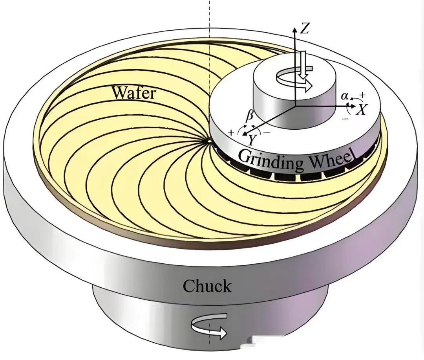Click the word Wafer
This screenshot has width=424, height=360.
pyautogui.click(x=133, y=93)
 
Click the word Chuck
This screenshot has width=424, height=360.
pyautogui.click(x=207, y=286)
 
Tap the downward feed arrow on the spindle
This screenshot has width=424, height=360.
pyautogui.click(x=302, y=64)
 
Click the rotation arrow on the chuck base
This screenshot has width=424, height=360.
pyautogui.click(x=209, y=326)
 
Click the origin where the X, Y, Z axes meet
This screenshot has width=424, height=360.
pyautogui.click(x=295, y=106)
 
